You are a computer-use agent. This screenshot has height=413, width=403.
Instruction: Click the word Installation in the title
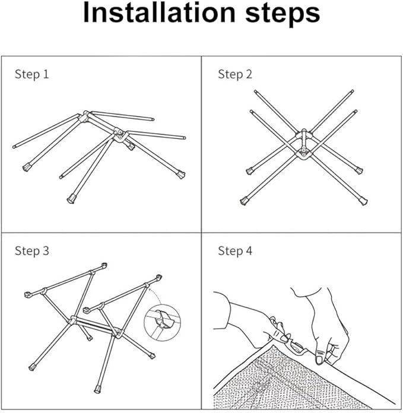159,12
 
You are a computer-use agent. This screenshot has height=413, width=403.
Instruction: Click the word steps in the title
283,14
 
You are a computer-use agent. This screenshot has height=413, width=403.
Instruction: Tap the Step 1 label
32,74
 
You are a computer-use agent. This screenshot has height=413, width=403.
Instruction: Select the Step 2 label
235,74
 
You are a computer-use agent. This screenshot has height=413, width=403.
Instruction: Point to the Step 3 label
32,251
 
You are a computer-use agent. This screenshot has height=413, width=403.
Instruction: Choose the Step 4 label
235,251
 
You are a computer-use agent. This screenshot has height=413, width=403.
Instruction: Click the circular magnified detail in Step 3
162,323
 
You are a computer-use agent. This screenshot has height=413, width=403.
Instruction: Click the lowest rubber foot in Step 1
71,199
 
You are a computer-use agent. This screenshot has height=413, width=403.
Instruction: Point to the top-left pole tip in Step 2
255,91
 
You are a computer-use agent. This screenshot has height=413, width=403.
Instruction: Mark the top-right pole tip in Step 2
353,91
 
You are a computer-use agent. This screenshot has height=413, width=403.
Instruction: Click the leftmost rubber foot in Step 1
27,167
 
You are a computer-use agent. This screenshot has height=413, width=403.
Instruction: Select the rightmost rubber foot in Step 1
180,174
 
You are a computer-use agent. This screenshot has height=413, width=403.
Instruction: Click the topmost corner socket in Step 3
104,265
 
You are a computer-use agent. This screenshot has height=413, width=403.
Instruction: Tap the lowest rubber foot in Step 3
97,389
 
